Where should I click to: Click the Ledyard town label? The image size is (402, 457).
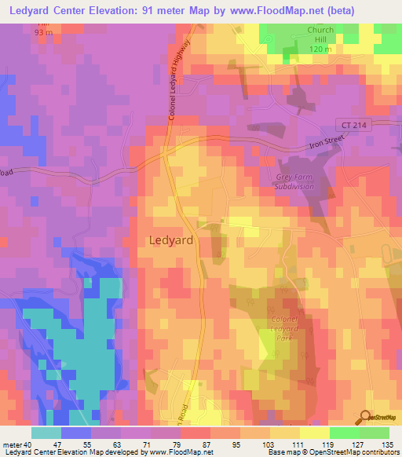pos(170,241)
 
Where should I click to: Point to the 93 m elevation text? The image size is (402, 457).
pos(44,33)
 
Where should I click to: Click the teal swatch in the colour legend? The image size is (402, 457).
pos(45,432)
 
